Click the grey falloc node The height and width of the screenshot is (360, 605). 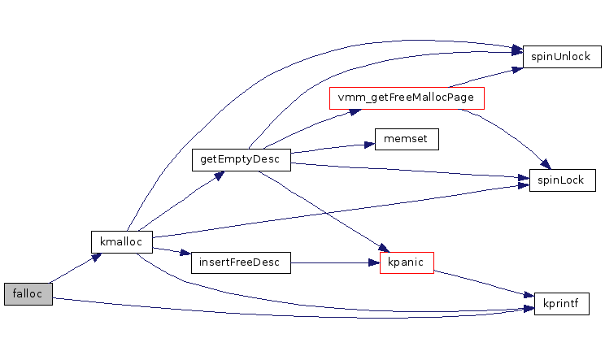28,294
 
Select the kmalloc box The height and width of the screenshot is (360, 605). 121,241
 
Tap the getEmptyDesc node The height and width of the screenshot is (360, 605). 241,159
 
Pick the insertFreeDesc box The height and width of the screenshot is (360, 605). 241,262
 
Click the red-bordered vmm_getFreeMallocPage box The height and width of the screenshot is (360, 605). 407,98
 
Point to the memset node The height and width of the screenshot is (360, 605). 407,139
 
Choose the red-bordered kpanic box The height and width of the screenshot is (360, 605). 407,262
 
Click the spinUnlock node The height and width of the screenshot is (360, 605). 562,57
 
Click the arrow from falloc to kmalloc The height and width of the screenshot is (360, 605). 75,270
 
